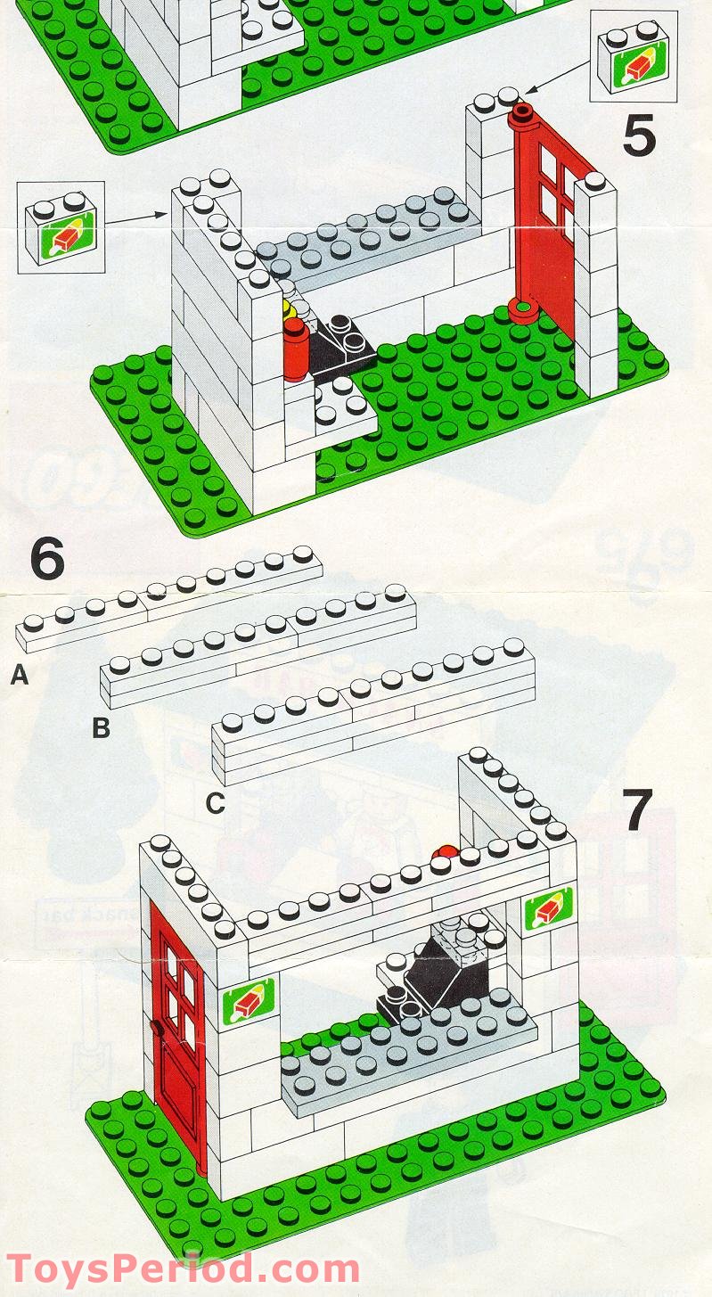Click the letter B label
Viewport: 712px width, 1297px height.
coord(102,729)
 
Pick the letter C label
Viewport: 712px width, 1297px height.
coord(215,804)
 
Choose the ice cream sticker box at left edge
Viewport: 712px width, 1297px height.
coord(60,227)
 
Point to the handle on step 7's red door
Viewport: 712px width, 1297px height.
coord(157,1027)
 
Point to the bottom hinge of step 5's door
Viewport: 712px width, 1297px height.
coord(522,311)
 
